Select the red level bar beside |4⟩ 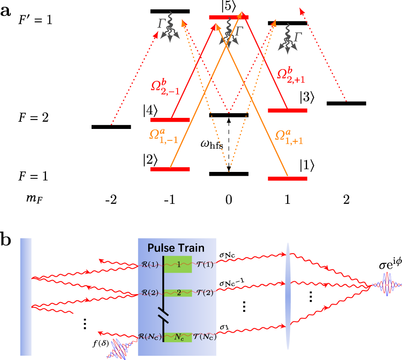point(170,120)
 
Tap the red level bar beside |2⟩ point(170,169)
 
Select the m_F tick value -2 point(111,200)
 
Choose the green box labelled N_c point(178,337)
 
